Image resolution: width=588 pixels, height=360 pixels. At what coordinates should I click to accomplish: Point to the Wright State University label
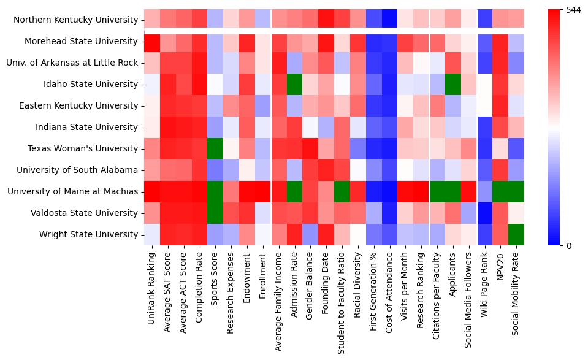pyautogui.click(x=89, y=234)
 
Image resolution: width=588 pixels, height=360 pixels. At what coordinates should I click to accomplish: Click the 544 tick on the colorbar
pyautogui.click(x=573, y=10)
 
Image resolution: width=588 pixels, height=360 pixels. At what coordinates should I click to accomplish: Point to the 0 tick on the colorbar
pyautogui.click(x=569, y=245)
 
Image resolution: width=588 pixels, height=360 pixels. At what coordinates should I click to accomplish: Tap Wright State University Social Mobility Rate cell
pyautogui.click(x=516, y=234)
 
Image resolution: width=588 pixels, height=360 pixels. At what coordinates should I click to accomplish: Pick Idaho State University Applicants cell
pyautogui.click(x=452, y=84)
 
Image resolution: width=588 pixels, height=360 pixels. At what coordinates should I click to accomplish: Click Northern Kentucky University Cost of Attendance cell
pyautogui.click(x=390, y=20)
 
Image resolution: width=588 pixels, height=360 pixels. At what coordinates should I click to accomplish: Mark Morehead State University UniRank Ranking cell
pyautogui.click(x=151, y=41)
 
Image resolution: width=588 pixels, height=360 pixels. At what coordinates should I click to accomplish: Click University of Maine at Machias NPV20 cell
pyautogui.click(x=500, y=191)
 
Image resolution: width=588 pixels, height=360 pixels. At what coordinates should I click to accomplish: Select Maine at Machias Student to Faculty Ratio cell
pyautogui.click(x=342, y=191)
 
